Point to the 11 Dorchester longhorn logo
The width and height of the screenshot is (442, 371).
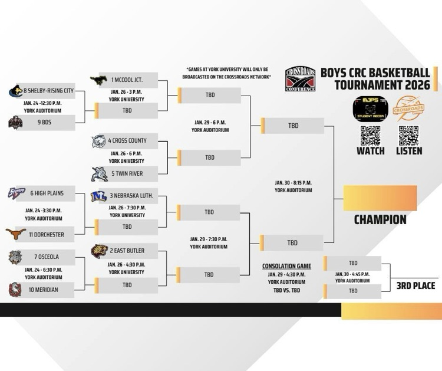point(16,234)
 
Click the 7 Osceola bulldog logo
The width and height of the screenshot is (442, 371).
point(16,257)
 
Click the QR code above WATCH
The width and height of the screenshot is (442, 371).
point(370,135)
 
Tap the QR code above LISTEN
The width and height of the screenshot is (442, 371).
point(408,135)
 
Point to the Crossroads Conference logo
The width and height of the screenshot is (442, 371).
point(301,79)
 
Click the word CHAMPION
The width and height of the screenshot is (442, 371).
point(380,219)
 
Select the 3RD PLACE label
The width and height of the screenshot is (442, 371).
point(415,285)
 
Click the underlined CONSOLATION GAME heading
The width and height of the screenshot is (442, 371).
point(286,266)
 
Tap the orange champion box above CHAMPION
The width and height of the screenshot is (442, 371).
point(380,198)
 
